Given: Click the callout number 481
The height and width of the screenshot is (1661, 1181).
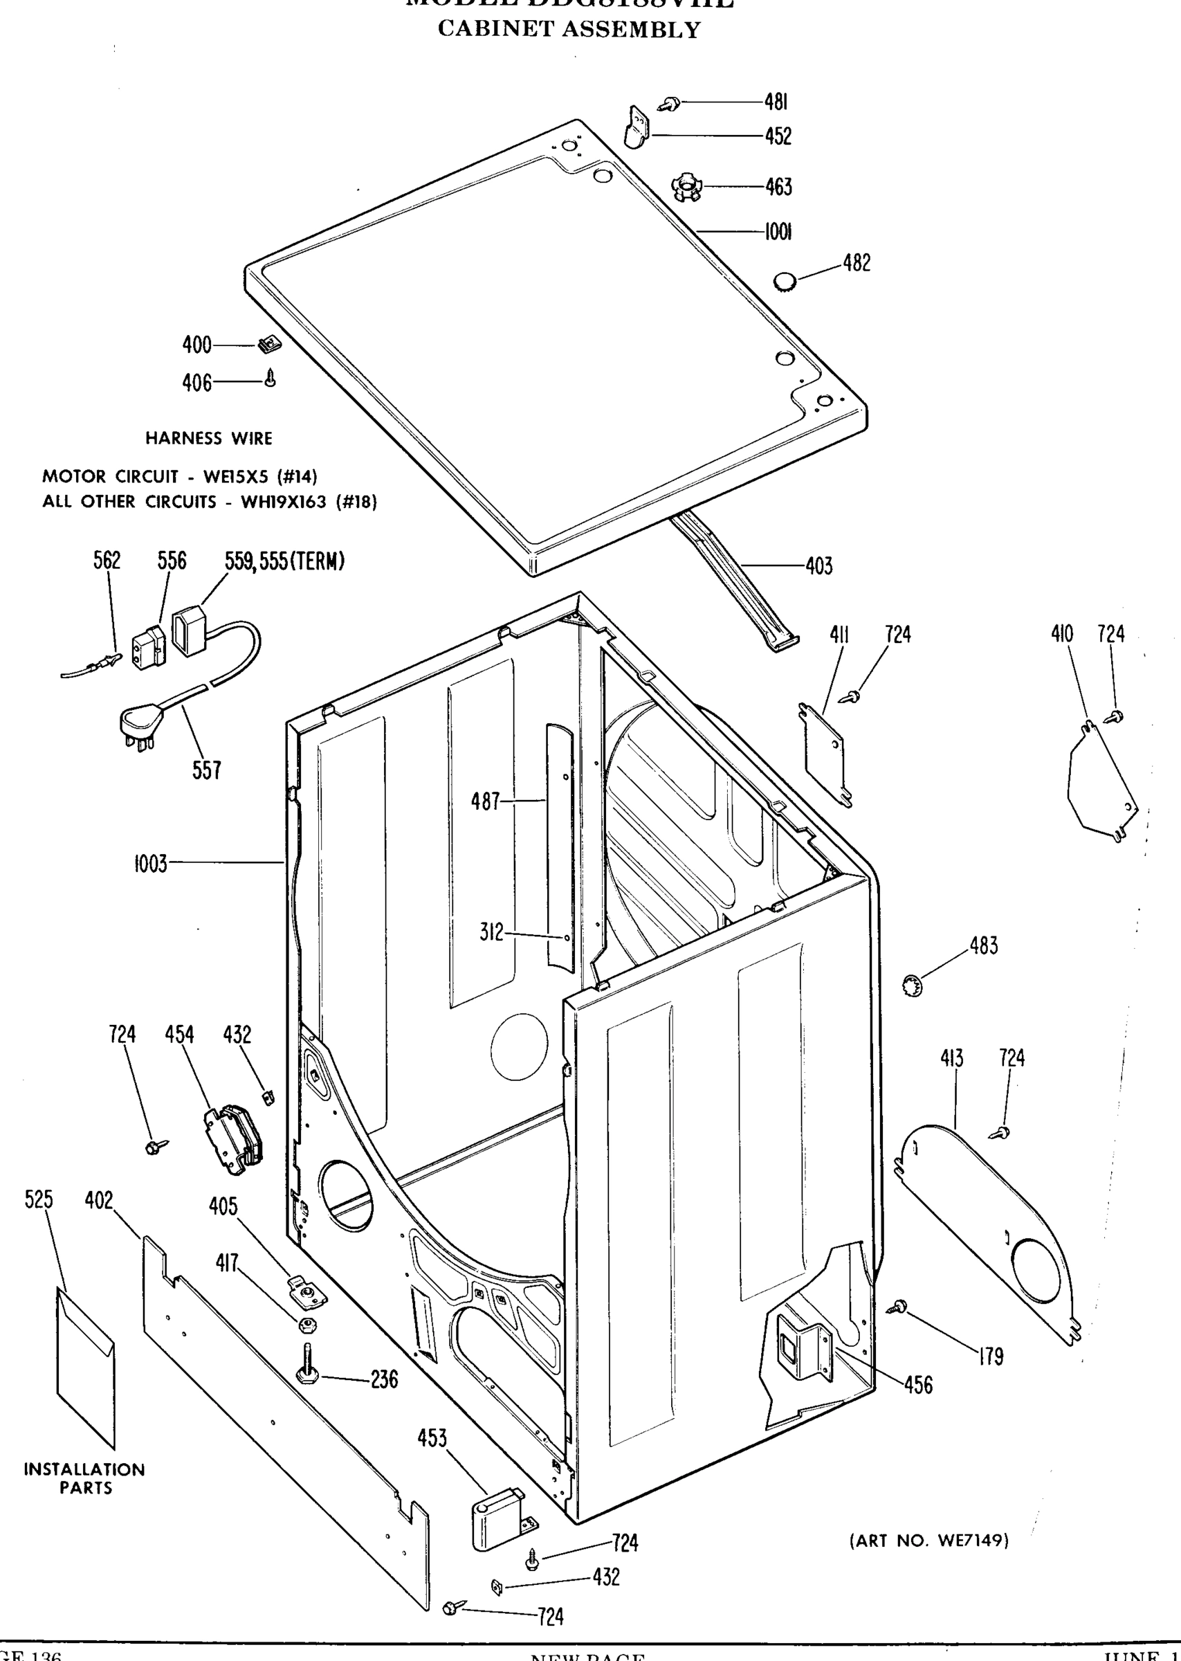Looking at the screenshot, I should (x=776, y=102).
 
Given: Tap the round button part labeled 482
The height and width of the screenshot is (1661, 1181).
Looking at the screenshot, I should (x=785, y=282).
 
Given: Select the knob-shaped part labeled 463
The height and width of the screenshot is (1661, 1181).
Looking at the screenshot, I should (x=686, y=187).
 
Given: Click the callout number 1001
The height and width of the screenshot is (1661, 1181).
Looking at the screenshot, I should (x=778, y=232).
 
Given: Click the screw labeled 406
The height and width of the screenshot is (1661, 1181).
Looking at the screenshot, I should (x=271, y=379).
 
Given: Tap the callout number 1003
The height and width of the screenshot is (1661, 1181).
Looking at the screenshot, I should (x=151, y=863).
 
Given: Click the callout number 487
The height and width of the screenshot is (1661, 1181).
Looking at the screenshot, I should (x=485, y=801).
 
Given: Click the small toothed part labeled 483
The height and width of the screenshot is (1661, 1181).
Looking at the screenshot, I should (x=913, y=986).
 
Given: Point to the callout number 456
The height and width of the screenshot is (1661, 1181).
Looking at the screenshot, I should (x=917, y=1385).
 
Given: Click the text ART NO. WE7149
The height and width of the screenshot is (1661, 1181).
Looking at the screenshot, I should (x=928, y=1541).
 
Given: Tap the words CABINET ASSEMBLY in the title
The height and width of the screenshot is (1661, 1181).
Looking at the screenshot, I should (x=569, y=30).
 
